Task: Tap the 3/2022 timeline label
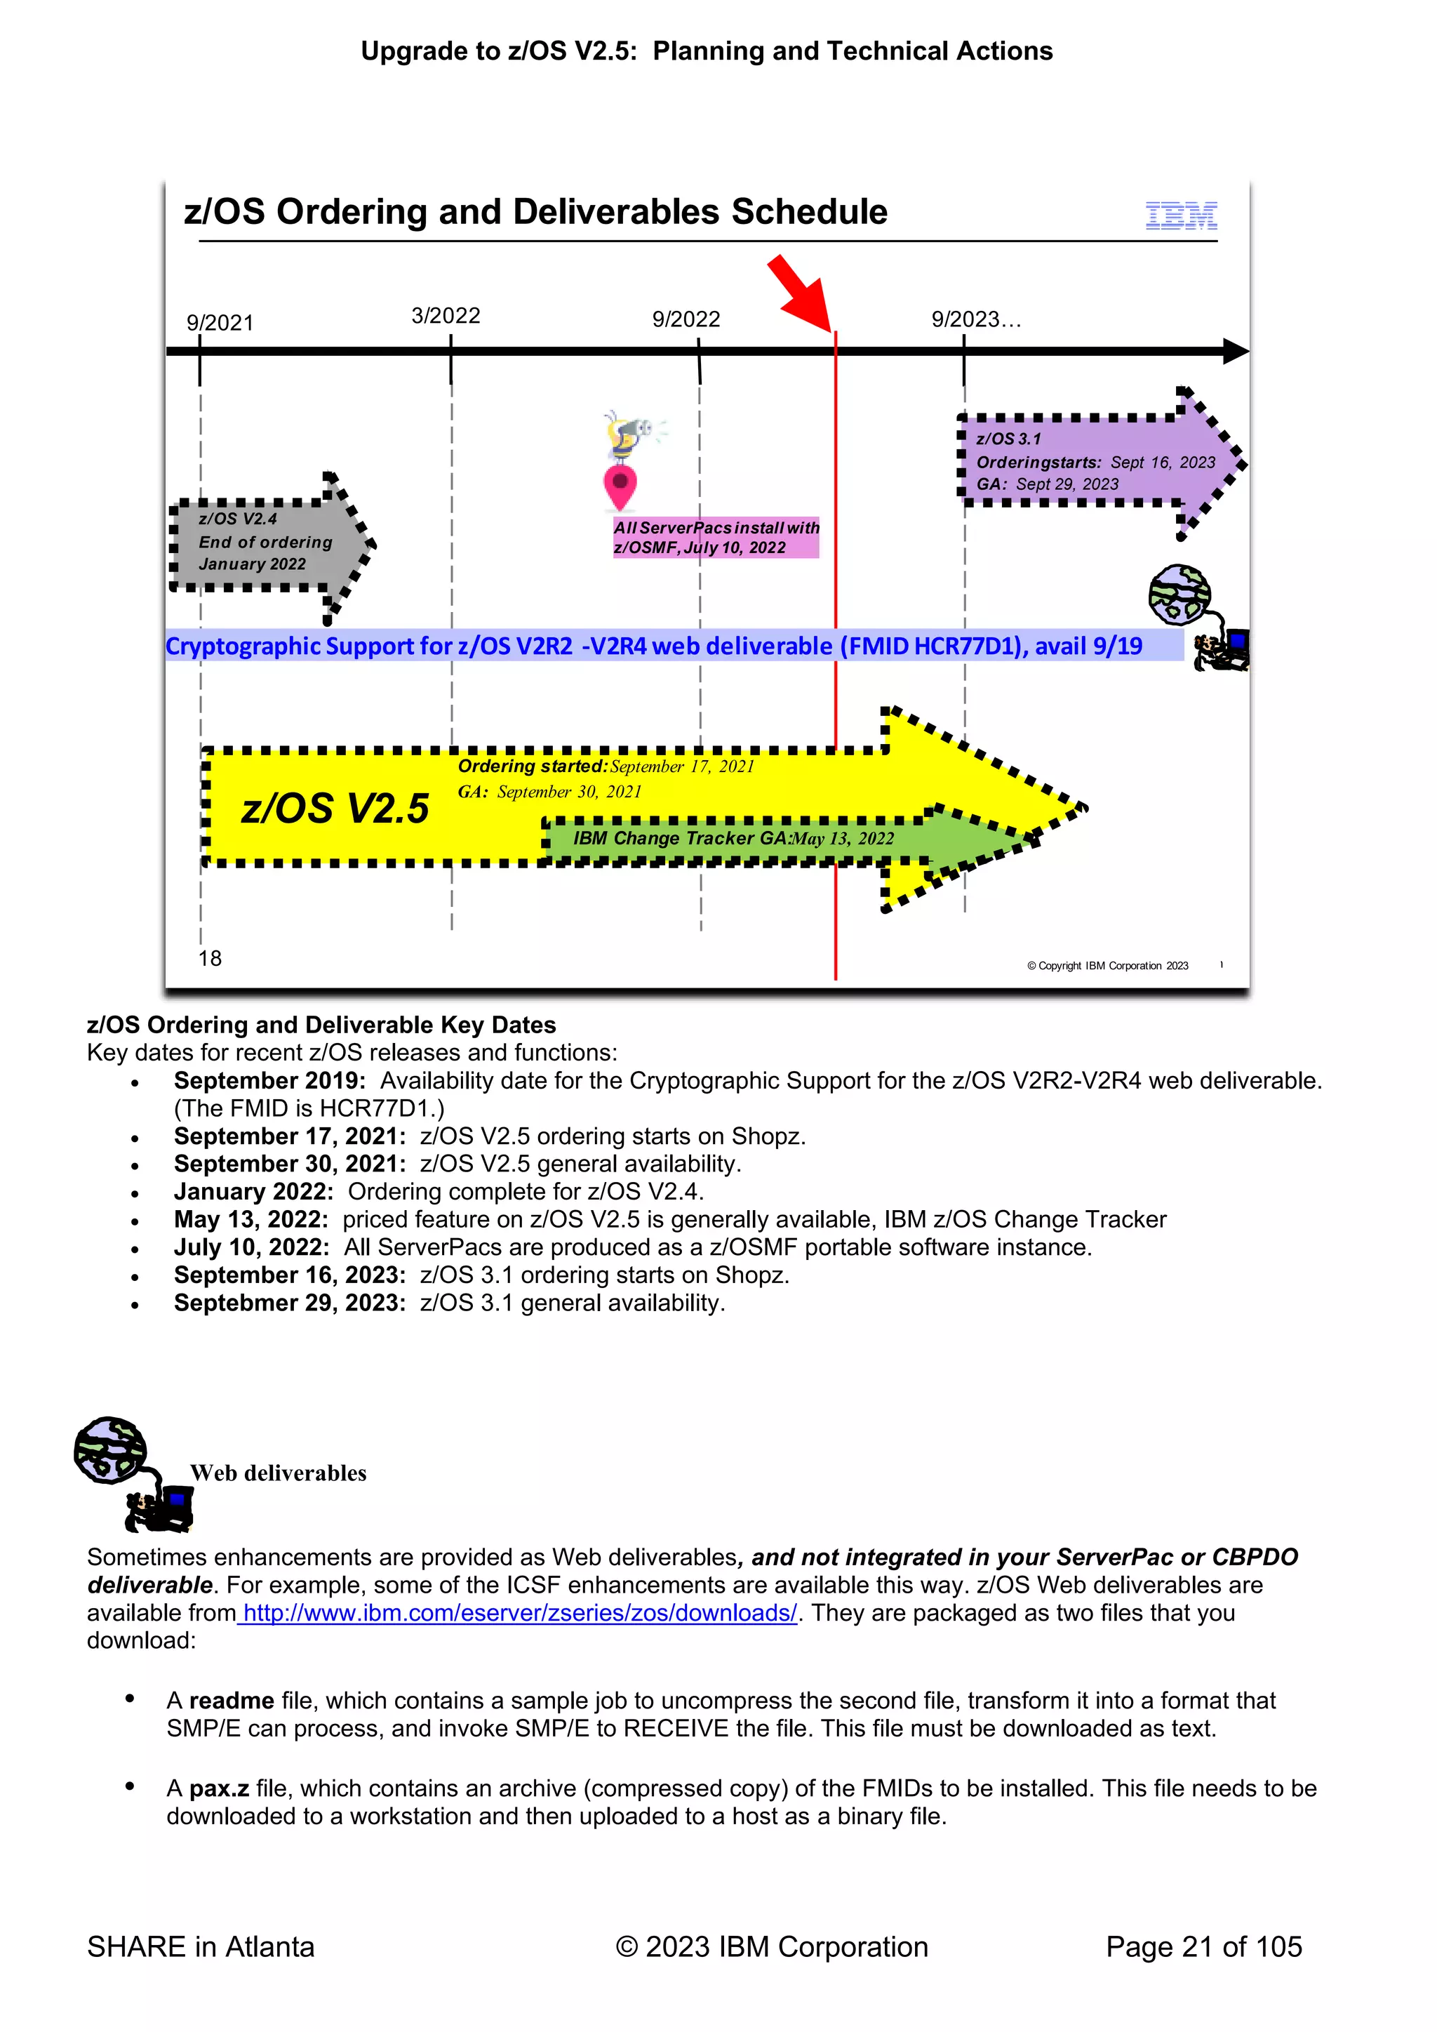(446, 316)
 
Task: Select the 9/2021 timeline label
(220, 323)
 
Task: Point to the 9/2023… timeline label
(976, 319)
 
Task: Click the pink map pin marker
(620, 486)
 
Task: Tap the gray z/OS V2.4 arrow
(265, 543)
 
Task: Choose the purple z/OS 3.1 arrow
(1097, 462)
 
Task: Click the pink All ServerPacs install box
(716, 537)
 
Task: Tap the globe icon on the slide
(1179, 595)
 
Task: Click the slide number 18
(210, 959)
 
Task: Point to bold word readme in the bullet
(231, 1701)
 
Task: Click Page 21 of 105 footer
(1203, 1947)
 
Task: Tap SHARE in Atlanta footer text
(201, 1947)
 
